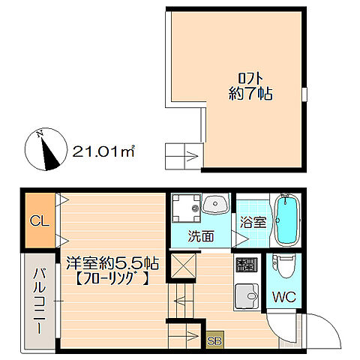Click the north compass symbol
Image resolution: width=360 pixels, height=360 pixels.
pyautogui.click(x=46, y=149)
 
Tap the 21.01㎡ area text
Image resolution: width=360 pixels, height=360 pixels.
pyautogui.click(x=103, y=151)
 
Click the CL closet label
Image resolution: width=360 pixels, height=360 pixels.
pyautogui.click(x=39, y=220)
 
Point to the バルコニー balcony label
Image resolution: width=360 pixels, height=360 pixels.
pyautogui.click(x=40, y=301)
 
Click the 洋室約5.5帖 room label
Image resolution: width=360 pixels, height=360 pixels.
pyautogui.click(x=112, y=263)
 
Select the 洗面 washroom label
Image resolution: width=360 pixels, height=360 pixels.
pyautogui.click(x=201, y=236)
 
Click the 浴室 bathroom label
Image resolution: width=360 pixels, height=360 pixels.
pyautogui.click(x=253, y=221)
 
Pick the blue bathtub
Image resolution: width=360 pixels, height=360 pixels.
pyautogui.click(x=287, y=220)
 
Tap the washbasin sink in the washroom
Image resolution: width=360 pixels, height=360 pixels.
pyautogui.click(x=215, y=204)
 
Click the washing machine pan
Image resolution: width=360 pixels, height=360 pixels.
pyautogui.click(x=187, y=208)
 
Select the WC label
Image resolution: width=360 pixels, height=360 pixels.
pyautogui.click(x=284, y=297)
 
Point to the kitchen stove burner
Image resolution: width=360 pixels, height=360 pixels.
pyautogui.click(x=247, y=265)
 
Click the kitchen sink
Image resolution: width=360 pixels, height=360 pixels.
pyautogui.click(x=247, y=296)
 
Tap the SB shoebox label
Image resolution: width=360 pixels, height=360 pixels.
pyautogui.click(x=214, y=340)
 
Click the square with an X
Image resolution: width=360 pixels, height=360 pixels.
pyautogui.click(x=184, y=265)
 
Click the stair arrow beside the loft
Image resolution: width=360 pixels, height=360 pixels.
pyautogui.click(x=192, y=157)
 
